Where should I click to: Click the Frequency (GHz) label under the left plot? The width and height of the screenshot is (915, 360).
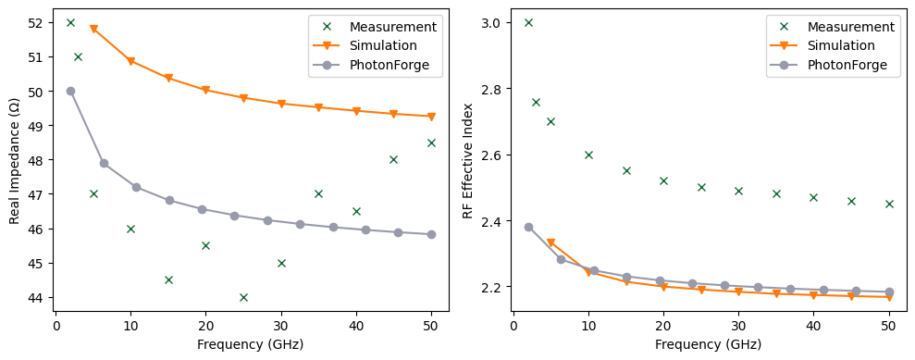click(x=251, y=344)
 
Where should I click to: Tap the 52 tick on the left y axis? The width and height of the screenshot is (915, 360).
click(x=39, y=22)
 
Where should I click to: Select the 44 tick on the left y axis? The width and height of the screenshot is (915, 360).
click(x=39, y=298)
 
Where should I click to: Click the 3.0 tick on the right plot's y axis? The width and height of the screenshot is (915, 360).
click(x=495, y=22)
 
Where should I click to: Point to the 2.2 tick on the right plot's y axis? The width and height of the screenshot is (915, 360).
click(x=495, y=288)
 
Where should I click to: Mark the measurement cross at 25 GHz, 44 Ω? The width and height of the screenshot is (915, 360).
click(x=243, y=297)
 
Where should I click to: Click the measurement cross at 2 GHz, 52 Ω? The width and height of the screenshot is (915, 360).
click(x=70, y=22)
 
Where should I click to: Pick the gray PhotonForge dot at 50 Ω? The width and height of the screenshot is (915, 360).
click(x=70, y=91)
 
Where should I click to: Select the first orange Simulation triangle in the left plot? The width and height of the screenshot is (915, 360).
click(x=93, y=30)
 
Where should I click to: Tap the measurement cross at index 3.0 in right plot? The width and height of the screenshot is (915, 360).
click(x=528, y=22)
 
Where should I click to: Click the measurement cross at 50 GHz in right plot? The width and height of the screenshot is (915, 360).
click(x=889, y=204)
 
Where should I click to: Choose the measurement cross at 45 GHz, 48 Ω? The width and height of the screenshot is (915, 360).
click(x=393, y=159)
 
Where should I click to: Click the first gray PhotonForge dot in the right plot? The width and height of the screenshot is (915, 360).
click(x=528, y=227)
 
